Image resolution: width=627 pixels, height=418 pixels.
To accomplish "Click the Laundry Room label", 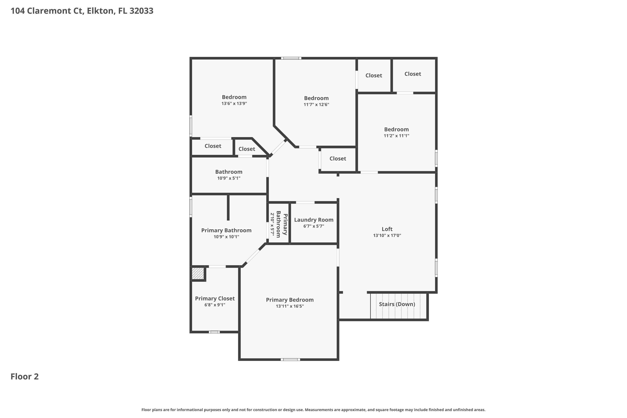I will tap(313, 220).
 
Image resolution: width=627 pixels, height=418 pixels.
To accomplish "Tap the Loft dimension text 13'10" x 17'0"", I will tap(387, 235).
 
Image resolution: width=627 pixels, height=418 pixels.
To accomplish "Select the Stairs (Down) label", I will tap(397, 304).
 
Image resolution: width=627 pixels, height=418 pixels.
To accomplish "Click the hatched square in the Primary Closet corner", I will tap(198, 274).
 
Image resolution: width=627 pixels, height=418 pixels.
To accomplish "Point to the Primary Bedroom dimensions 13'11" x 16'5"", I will tap(289, 306).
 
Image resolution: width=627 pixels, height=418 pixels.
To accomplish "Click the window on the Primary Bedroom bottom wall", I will tap(290, 360).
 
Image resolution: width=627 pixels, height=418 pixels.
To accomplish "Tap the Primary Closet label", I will tap(215, 299).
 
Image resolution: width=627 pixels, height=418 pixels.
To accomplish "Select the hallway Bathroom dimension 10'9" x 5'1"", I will tap(228, 178).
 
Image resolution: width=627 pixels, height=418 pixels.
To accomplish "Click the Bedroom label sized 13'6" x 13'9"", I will tap(234, 97).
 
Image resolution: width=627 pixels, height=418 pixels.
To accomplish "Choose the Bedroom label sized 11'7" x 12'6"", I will tap(316, 98).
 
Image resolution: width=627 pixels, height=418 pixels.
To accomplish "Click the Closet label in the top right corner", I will tap(412, 74).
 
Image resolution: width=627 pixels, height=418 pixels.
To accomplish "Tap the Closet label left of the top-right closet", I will tap(373, 76).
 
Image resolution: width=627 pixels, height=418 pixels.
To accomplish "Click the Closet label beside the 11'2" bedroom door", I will tap(338, 159).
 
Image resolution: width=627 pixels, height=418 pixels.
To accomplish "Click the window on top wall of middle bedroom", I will tap(291, 58).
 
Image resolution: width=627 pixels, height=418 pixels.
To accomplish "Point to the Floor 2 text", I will tap(24, 377).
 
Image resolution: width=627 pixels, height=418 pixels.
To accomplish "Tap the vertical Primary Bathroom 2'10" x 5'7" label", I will tap(279, 224).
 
